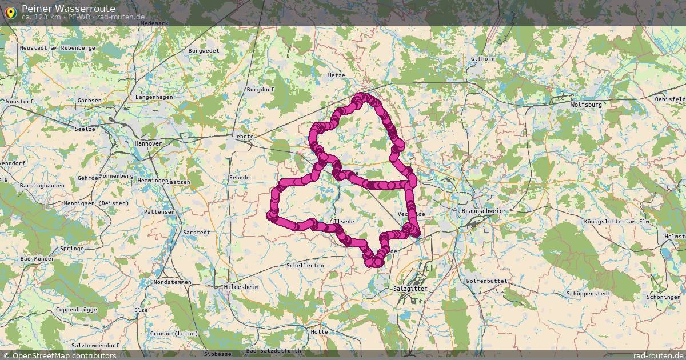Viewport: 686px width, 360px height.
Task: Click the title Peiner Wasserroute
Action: point(68,9)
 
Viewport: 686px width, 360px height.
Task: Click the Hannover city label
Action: point(147,143)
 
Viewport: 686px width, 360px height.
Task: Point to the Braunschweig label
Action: point(481,211)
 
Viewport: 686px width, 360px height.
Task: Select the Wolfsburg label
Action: point(586,105)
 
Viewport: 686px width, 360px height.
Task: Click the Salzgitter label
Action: point(410,289)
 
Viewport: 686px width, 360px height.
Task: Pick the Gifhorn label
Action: point(481,59)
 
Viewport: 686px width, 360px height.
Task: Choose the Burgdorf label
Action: point(261,90)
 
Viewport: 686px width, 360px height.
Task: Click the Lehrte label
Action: point(243,137)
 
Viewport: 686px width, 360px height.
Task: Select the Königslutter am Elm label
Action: point(618,221)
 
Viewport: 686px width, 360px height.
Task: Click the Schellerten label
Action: point(305,266)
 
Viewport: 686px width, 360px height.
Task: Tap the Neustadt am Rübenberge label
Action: point(57,48)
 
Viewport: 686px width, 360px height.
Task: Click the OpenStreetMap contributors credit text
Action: point(63,355)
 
